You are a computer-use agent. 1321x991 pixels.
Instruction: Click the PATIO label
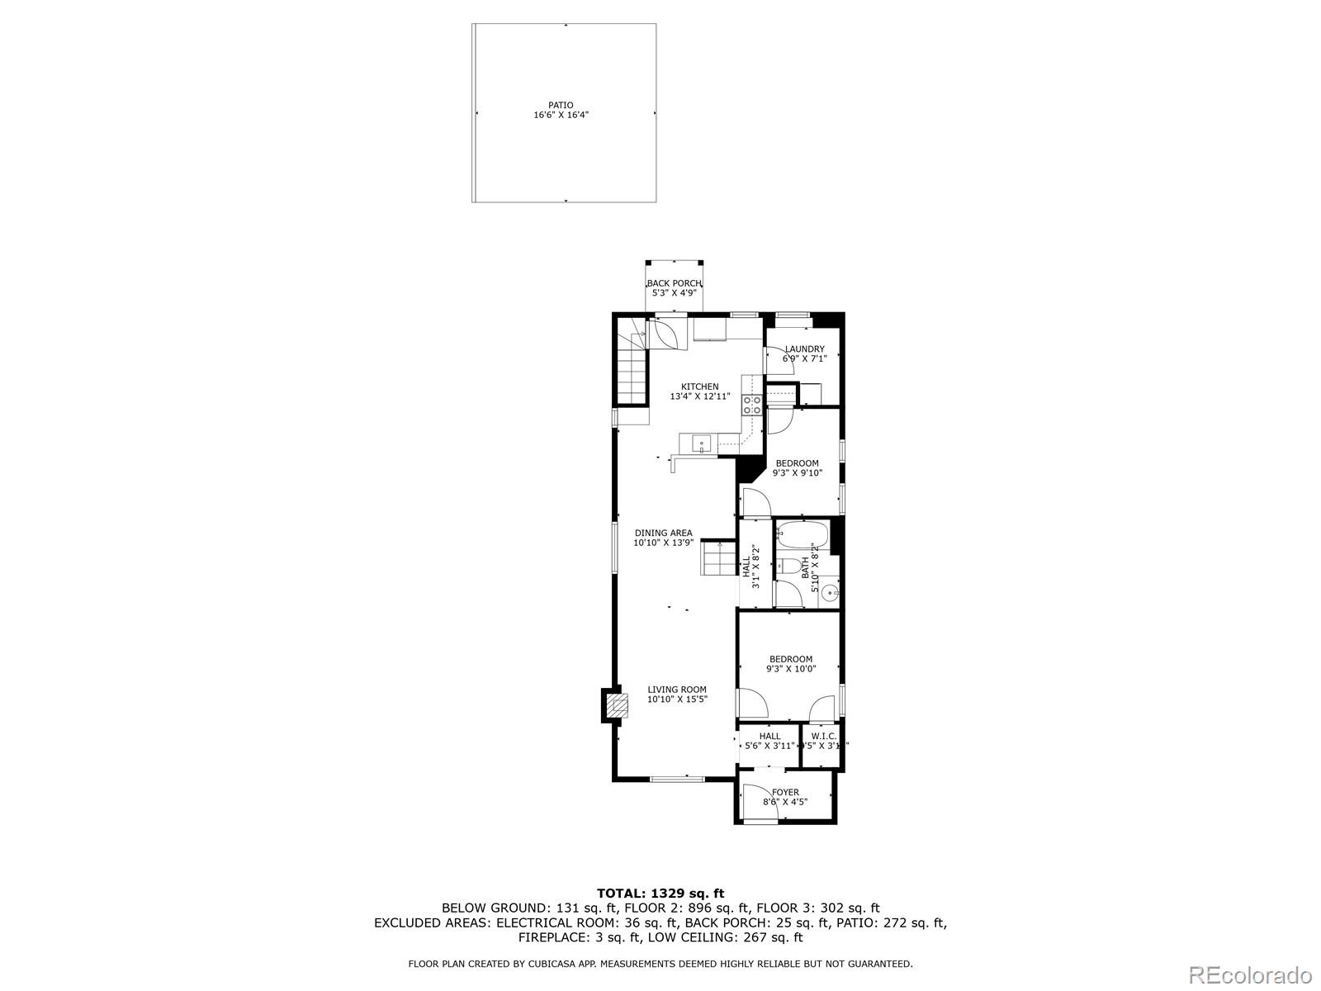point(561,105)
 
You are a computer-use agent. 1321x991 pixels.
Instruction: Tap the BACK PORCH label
point(674,283)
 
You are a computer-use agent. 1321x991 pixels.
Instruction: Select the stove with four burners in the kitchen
point(752,404)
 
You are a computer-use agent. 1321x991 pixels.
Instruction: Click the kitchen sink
point(701,443)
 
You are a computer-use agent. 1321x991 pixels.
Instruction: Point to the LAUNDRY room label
point(804,349)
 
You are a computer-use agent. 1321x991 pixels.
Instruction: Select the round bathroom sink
point(829,592)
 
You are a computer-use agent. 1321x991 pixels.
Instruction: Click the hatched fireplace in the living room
point(615,705)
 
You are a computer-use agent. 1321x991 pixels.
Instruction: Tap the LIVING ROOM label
point(676,690)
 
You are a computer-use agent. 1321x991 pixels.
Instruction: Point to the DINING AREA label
point(663,533)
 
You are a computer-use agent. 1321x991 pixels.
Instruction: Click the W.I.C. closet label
point(823,736)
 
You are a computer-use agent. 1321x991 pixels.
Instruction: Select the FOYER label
point(785,792)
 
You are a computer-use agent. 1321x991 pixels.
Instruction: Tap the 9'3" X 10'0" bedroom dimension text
point(791,669)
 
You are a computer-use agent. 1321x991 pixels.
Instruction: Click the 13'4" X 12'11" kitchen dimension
point(699,396)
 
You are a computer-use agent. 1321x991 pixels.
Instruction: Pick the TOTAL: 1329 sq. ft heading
point(660,893)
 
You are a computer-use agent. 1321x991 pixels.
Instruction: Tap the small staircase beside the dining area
point(718,558)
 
